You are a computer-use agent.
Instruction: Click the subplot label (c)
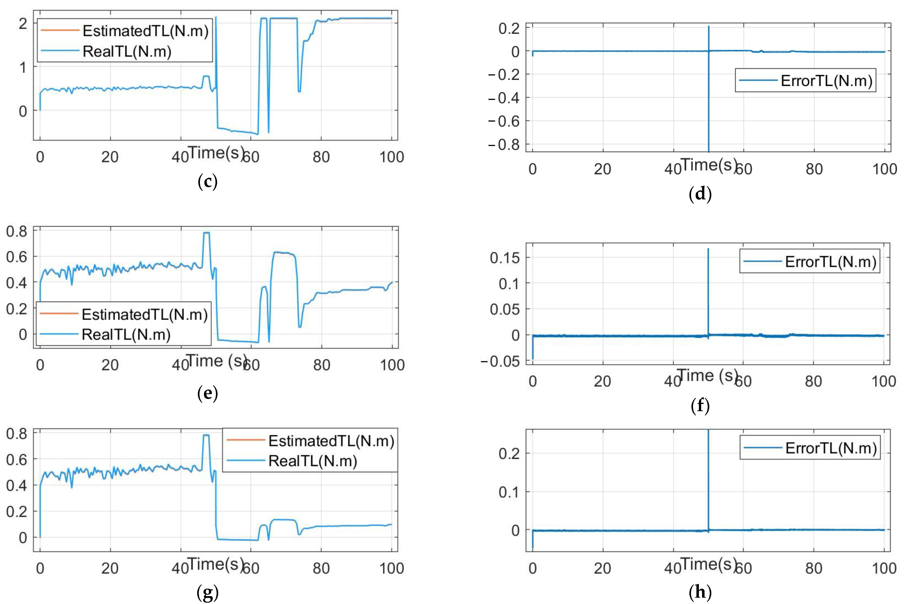click(207, 182)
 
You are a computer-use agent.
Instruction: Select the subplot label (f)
click(700, 405)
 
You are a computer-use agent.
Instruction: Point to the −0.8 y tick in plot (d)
click(504, 145)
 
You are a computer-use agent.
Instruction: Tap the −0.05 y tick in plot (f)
click(500, 361)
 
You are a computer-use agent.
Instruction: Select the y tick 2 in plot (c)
click(23, 24)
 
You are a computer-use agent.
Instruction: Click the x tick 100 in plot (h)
click(884, 568)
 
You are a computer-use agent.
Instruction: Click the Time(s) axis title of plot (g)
click(216, 564)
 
